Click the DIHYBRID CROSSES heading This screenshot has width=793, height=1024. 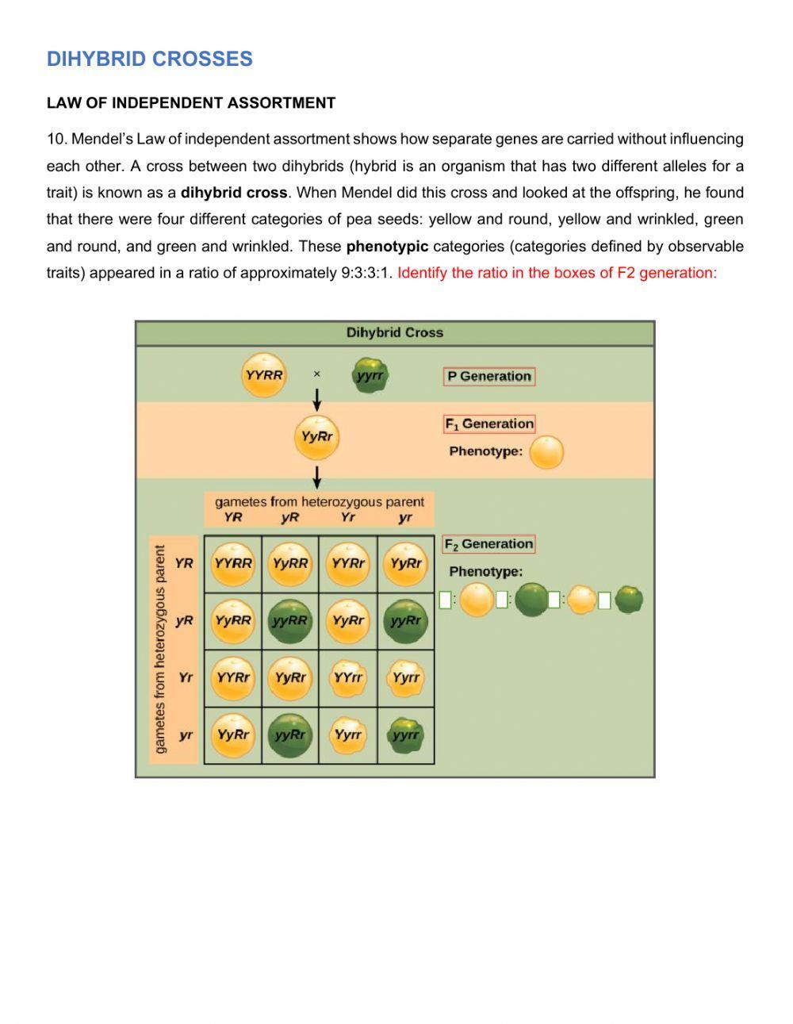149,59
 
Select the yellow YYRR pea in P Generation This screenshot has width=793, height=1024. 263,375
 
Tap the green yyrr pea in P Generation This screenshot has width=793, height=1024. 370,376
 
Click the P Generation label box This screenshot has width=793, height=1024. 489,376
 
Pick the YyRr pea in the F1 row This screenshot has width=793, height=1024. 316,437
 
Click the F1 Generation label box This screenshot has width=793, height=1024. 489,424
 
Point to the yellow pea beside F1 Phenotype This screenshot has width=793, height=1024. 546,453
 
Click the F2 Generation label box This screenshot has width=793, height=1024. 488,544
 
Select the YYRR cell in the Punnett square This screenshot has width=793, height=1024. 233,563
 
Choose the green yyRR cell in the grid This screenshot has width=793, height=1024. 290,620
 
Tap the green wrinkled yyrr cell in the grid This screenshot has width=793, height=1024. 406,734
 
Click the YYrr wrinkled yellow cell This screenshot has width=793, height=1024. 348,677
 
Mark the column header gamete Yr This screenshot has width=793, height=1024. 347,517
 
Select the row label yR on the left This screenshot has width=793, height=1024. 184,620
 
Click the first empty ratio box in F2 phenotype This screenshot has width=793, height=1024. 445,600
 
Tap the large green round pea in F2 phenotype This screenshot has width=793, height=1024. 531,600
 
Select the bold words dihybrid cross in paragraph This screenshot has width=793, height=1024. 234,193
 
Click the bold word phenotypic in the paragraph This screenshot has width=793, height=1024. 387,246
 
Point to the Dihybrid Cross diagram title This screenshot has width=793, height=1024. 394,332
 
